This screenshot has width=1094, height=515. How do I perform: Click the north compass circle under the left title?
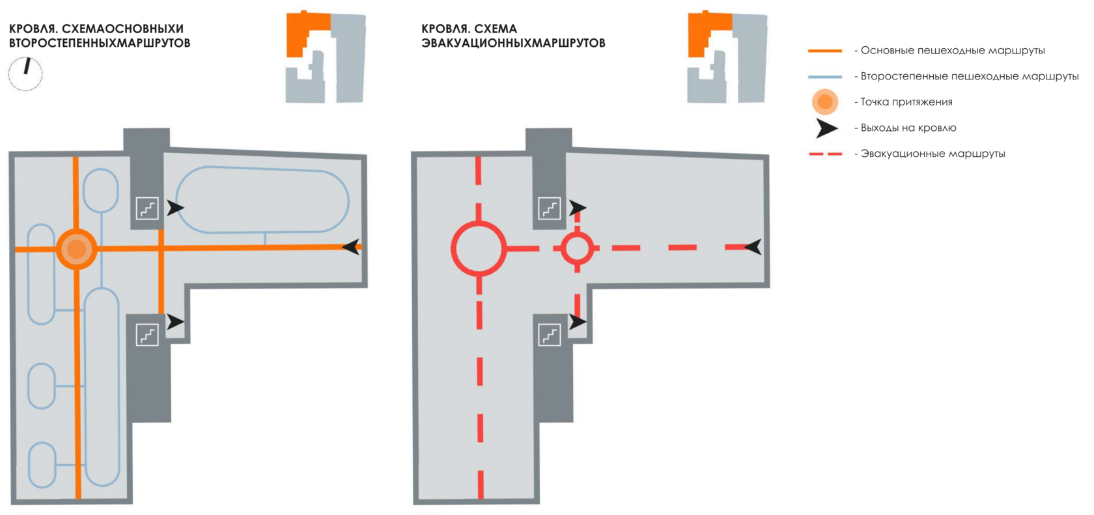(x=25, y=74)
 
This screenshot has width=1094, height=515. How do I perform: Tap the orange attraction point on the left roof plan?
(x=77, y=248)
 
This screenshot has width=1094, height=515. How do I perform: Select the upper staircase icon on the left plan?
(x=147, y=208)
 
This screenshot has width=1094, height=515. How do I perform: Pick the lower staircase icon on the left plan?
(x=147, y=335)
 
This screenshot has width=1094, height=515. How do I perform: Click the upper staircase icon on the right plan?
(x=550, y=208)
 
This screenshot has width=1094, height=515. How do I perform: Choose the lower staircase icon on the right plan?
(x=550, y=335)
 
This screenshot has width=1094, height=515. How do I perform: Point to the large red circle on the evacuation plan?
(x=479, y=248)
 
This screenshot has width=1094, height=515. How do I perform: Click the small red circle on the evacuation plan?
(x=577, y=248)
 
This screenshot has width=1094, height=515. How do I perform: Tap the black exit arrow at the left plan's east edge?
(x=352, y=247)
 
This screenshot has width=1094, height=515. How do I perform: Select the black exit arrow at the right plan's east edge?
(x=753, y=247)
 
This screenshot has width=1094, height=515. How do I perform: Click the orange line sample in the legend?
(x=825, y=50)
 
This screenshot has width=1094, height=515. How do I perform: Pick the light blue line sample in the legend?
(x=825, y=76)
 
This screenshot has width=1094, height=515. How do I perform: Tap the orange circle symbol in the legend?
(x=825, y=102)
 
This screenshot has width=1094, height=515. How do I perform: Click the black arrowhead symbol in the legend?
(x=826, y=128)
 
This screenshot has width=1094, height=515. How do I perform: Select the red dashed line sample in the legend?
(x=825, y=154)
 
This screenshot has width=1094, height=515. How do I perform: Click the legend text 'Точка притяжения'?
(x=906, y=102)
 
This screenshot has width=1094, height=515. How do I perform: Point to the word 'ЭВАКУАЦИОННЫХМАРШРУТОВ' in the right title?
(x=513, y=43)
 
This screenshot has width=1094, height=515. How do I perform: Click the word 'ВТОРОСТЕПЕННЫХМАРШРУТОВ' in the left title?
(x=100, y=43)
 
